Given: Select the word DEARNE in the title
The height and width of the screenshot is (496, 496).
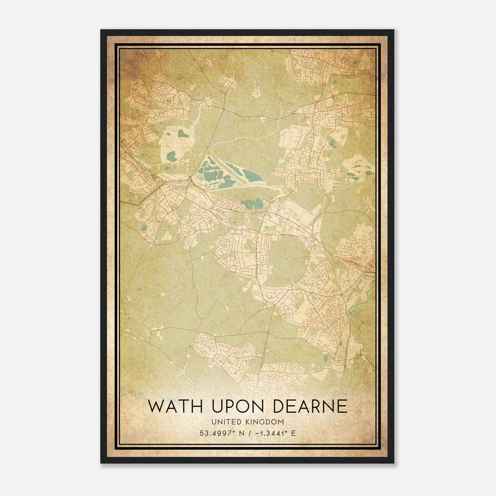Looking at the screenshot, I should click(310, 406).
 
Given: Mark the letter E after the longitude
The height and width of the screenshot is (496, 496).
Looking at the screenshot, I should click(293, 433).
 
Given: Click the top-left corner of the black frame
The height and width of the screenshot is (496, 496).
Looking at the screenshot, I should click(101, 30).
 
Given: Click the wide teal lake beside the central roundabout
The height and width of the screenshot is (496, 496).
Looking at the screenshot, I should click(252, 204).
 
